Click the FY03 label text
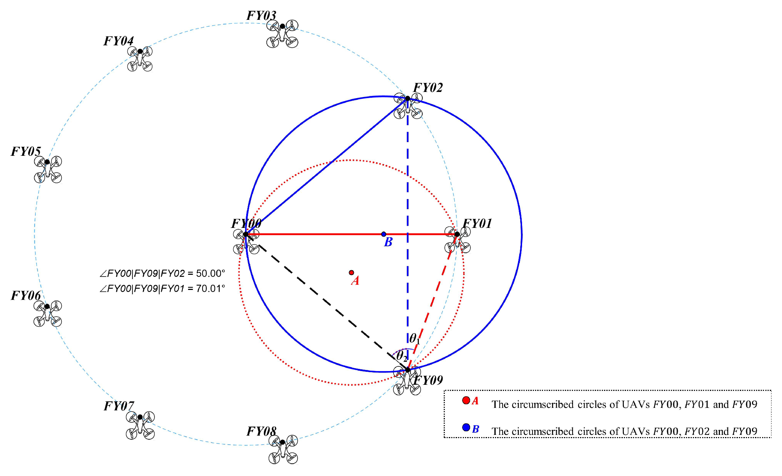[261, 16]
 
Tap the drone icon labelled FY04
[140, 59]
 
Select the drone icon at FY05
[48, 169]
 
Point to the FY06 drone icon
[48, 313]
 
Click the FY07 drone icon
[140, 425]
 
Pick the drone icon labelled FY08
[283, 449]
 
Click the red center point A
[351, 273]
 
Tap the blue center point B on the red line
[383, 234]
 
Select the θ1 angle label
[414, 339]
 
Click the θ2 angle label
[401, 356]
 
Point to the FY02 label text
[428, 88]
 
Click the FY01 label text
[477, 224]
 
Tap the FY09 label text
[428, 380]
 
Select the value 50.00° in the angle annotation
[210, 273]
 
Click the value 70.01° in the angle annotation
[210, 288]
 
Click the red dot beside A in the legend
[466, 400]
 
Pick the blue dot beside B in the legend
[466, 427]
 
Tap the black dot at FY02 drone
[408, 98]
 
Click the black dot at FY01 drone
[457, 234]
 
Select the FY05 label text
[26, 151]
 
